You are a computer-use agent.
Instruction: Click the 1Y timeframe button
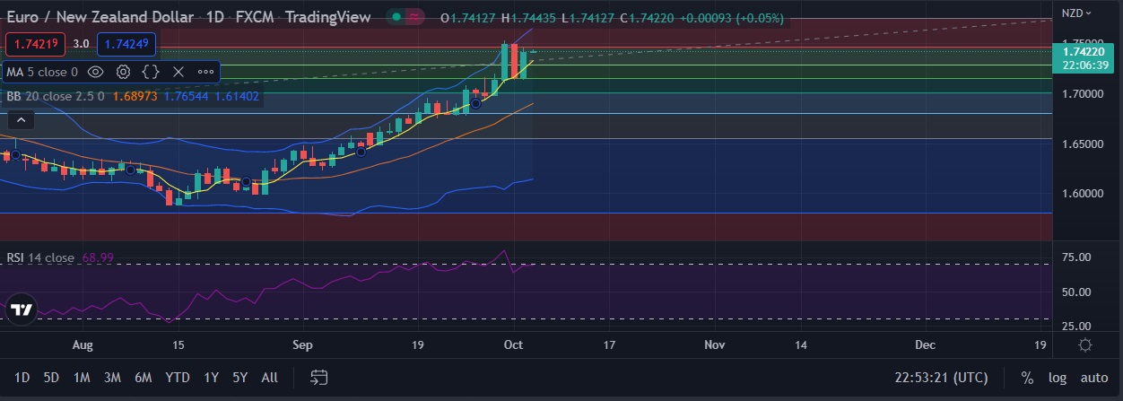211,378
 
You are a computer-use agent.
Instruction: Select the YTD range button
178,378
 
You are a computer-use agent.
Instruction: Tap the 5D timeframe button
51,378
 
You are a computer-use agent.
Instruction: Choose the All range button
269,378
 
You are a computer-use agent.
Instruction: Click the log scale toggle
1058,378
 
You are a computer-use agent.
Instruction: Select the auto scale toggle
1093,378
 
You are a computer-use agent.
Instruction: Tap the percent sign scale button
1027,378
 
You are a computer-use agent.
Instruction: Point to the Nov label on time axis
714,344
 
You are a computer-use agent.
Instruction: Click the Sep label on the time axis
302,344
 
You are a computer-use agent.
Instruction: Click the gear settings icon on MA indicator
124,72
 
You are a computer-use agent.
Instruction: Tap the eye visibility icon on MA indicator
96,72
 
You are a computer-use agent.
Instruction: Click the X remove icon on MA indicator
178,72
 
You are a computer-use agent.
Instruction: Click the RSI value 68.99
99,258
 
